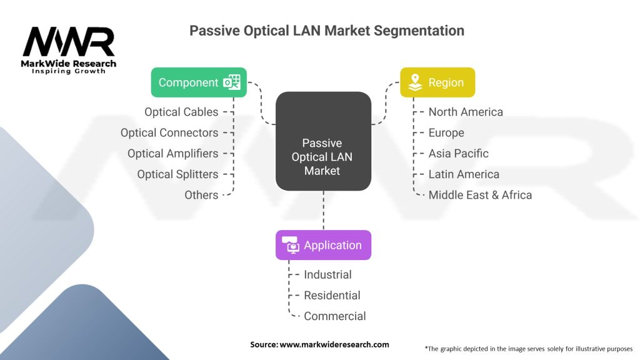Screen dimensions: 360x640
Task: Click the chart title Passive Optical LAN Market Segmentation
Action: point(327,31)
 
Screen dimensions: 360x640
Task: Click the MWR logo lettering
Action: point(69,42)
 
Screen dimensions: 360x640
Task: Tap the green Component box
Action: point(199,82)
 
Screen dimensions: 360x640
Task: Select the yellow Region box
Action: point(437,82)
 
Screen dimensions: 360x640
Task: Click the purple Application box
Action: point(323,245)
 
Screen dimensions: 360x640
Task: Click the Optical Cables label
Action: point(181,112)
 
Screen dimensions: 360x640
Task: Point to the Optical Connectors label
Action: point(169,132)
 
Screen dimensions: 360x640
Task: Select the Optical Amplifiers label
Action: point(172,153)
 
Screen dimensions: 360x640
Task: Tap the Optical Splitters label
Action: point(177,174)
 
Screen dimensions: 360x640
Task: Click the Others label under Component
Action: point(201,195)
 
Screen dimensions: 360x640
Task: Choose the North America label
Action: point(466,112)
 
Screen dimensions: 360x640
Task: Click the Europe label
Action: point(446,132)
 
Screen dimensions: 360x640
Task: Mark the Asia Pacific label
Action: point(458,153)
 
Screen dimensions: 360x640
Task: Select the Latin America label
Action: point(464,174)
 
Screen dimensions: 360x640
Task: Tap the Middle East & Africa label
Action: point(480,195)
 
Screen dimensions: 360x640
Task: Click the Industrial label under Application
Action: point(327,274)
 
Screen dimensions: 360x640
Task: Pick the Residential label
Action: point(332,295)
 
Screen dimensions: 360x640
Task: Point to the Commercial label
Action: point(334,316)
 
